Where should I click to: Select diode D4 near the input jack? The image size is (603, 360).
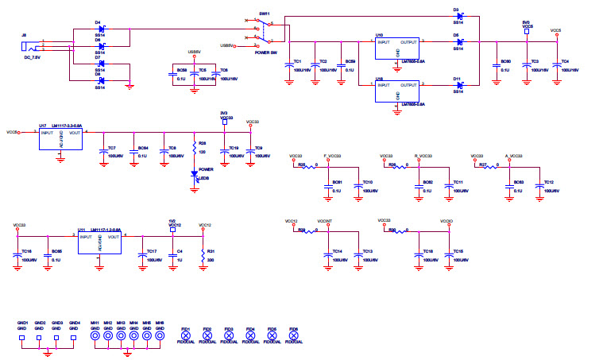(101, 29)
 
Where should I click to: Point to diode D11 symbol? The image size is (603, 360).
(459, 84)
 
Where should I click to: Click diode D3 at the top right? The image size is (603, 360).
(459, 17)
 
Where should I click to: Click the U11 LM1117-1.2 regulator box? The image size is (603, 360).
(99, 242)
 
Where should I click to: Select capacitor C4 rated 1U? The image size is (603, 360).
(173, 254)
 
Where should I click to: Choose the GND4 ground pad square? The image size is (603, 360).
(74, 337)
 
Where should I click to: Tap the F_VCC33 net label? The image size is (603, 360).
(333, 156)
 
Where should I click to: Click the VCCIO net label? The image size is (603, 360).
(446, 221)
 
